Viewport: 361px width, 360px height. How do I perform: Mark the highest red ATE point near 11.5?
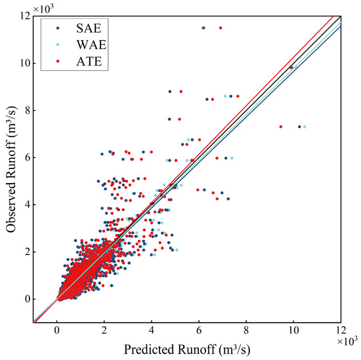[x=220, y=28]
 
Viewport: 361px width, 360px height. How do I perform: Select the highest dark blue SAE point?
[x=203, y=28]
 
